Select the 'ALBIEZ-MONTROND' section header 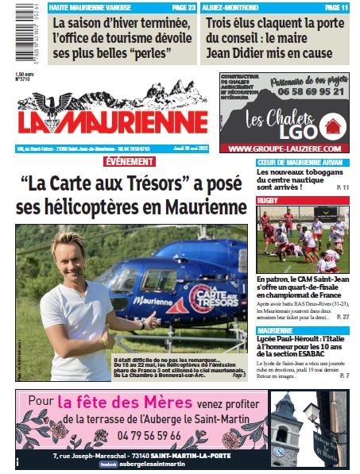tap(230, 6)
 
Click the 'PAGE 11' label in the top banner tap(334, 6)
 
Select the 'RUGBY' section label tap(269, 201)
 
